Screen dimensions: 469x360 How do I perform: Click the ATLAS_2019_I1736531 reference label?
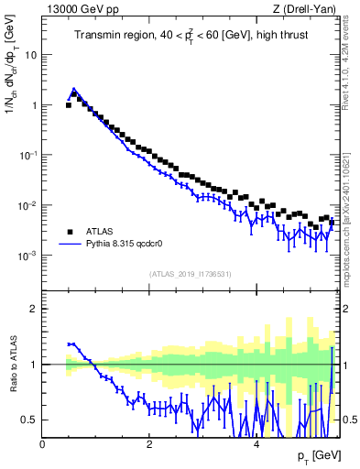click(x=189, y=274)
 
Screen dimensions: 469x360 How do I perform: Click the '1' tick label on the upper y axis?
click(x=34, y=104)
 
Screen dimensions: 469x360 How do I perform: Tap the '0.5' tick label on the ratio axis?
click(x=29, y=420)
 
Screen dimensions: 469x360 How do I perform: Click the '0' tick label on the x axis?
click(x=43, y=444)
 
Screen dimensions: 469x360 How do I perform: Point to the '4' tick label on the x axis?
click(x=256, y=444)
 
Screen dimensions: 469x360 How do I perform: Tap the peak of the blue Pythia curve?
click(x=74, y=89)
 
